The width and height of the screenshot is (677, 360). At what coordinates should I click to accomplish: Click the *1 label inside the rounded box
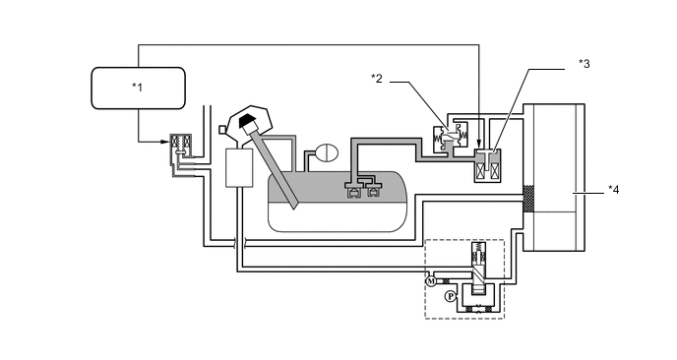138,88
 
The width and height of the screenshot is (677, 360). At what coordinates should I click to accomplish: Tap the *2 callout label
377,79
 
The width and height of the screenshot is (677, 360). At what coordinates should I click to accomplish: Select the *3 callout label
585,64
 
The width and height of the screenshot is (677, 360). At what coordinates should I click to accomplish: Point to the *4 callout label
614,190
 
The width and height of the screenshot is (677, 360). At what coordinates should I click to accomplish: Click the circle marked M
431,281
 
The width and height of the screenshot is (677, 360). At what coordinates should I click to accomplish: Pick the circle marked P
451,296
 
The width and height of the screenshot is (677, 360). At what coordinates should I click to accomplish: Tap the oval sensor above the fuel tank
328,151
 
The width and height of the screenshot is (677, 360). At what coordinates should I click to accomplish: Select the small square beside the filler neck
222,130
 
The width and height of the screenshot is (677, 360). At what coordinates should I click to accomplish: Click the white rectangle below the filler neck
239,168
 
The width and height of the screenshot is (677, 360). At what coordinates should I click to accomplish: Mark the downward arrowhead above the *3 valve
479,144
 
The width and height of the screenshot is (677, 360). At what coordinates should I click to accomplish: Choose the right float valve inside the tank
373,192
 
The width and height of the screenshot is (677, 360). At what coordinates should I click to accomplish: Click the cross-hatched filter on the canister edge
528,199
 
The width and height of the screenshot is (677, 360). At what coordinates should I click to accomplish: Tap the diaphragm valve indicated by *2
450,138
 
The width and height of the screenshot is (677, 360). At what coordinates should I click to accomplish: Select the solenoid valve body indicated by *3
487,166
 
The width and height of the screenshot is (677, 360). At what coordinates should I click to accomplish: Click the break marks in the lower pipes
240,242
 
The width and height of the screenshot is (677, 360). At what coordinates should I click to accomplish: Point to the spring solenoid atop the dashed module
477,254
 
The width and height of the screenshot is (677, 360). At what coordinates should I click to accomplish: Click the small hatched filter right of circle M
447,281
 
